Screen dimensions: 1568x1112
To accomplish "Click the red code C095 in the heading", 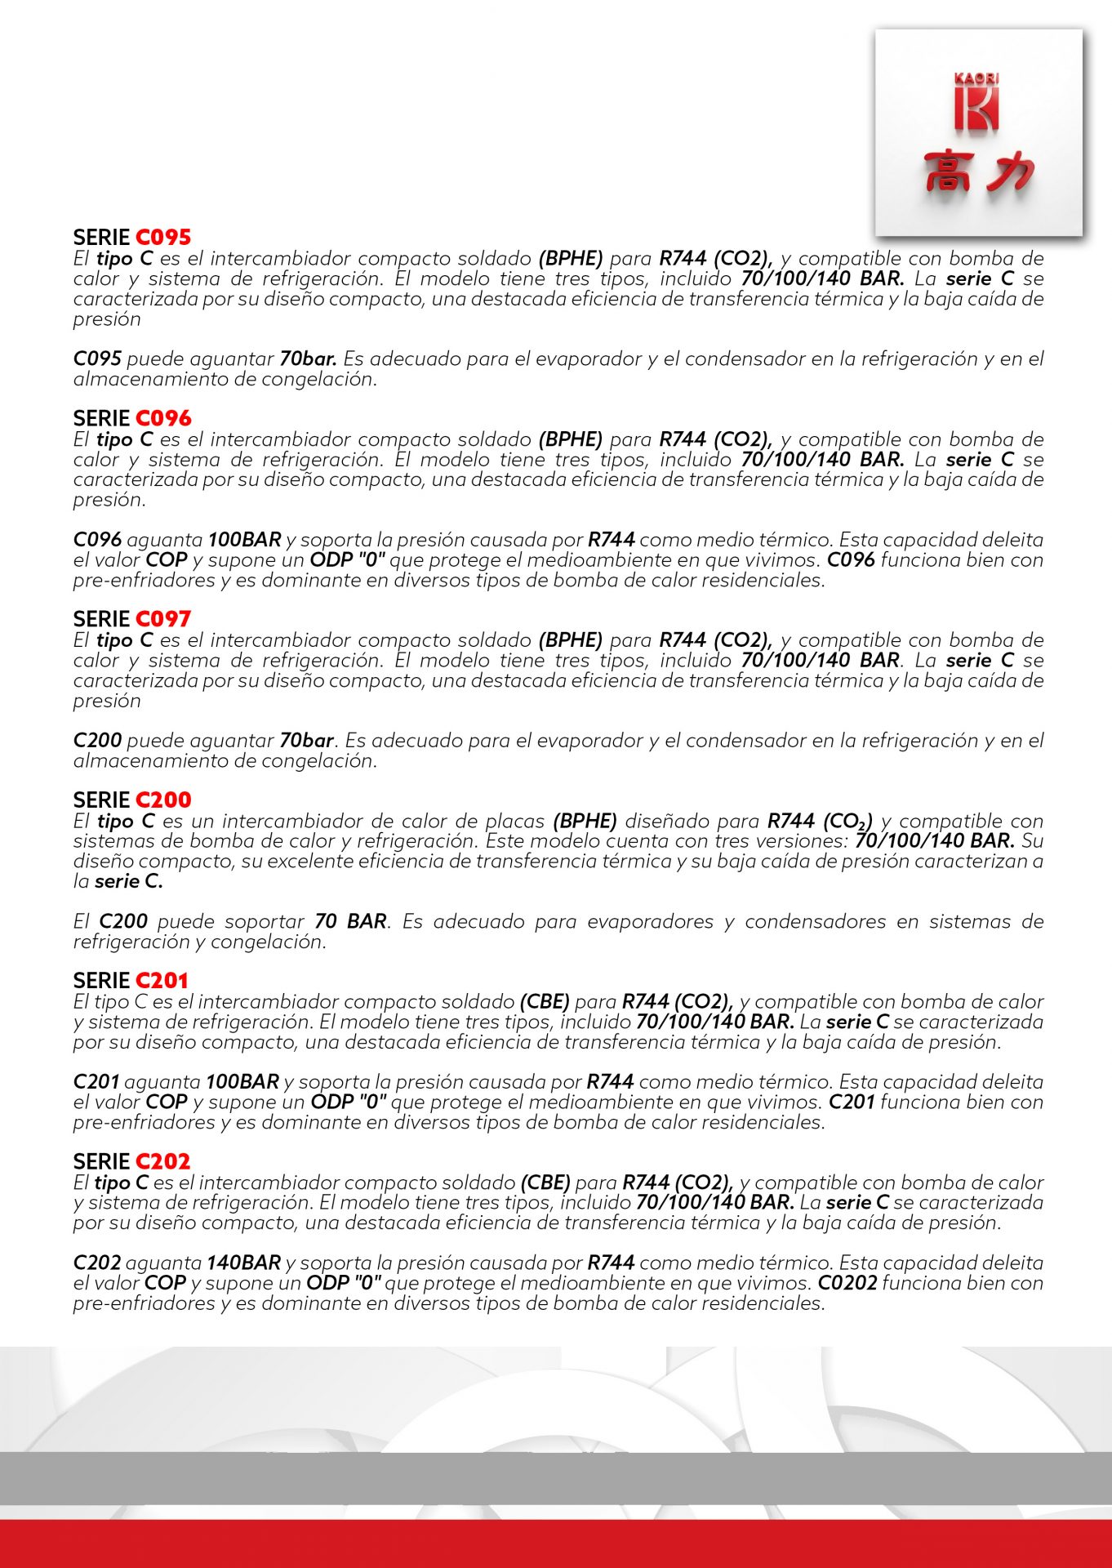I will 162,238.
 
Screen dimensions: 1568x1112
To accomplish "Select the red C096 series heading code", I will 162,418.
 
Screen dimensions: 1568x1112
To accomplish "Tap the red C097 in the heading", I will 162,619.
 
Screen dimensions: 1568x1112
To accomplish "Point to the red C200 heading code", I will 162,800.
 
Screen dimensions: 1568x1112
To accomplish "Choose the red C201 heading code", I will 162,981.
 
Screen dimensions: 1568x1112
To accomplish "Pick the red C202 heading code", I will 162,1161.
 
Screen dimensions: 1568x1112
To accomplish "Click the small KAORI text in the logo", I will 976,79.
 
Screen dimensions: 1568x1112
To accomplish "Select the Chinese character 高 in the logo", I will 947,172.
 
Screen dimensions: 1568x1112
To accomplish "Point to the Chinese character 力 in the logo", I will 1009,172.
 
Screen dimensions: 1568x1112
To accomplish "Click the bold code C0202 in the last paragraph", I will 847,1283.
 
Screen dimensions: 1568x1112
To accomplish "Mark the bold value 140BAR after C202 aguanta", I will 243,1263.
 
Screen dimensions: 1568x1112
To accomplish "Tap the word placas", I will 514,821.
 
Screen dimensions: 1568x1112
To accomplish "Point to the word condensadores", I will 815,921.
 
